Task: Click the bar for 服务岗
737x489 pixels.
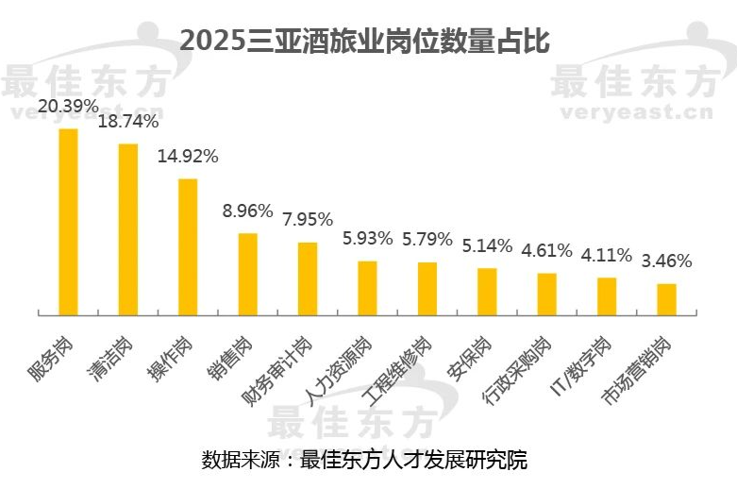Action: coord(68,221)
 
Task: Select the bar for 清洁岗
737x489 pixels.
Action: coord(128,228)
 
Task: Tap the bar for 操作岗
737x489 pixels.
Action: coord(188,245)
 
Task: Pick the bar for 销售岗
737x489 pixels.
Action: coord(247,273)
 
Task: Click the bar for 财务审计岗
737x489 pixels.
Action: coord(308,278)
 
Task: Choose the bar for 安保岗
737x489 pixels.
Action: coord(487,291)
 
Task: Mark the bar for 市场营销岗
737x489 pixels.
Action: coord(666,298)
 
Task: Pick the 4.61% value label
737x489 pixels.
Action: coord(546,250)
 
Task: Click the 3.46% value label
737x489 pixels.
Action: coord(666,261)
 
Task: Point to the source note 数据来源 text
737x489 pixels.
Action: coord(364,461)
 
